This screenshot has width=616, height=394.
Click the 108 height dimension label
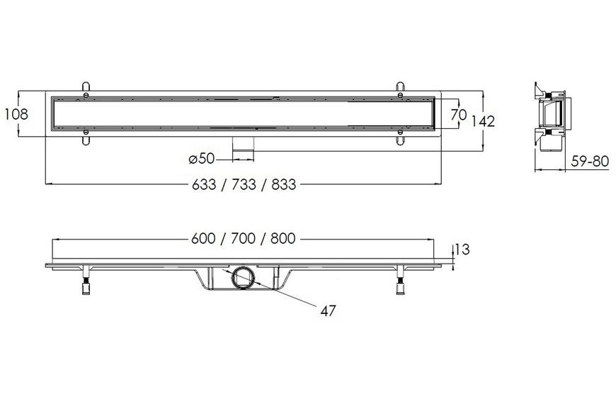point(16,114)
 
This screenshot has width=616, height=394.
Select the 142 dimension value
point(483,121)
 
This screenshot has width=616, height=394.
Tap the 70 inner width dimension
point(459,115)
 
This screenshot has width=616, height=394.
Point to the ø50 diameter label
point(202,159)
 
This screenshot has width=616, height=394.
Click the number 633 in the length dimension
point(204,184)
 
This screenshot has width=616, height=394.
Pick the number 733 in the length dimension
point(244,184)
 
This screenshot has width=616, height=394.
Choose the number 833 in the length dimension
point(284,184)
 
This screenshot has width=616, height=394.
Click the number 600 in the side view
point(203,238)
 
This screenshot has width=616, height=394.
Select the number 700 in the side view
point(243,238)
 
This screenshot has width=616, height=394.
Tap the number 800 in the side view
point(283,238)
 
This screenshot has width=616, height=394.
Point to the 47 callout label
point(328,310)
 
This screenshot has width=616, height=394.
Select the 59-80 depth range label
point(590,161)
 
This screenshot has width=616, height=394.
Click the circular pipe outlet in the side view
point(243,278)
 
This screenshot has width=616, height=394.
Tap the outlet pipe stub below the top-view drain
point(244,149)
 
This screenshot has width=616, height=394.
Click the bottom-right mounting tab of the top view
point(400,137)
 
